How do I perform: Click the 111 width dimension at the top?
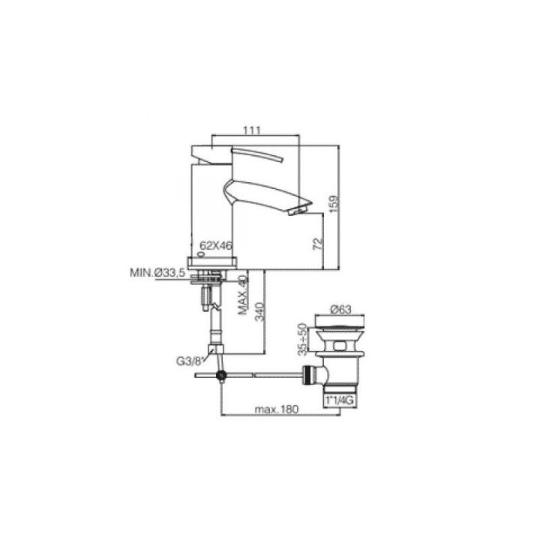click(252, 130)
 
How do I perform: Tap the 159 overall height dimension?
click(334, 204)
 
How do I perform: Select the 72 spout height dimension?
click(318, 244)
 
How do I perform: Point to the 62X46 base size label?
click(216, 245)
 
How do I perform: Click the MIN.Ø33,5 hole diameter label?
click(157, 273)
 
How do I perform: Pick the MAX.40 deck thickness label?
click(243, 295)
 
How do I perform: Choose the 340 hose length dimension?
click(259, 312)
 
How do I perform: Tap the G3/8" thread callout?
click(190, 361)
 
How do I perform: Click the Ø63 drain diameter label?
click(340, 310)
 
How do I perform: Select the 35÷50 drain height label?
click(301, 339)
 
